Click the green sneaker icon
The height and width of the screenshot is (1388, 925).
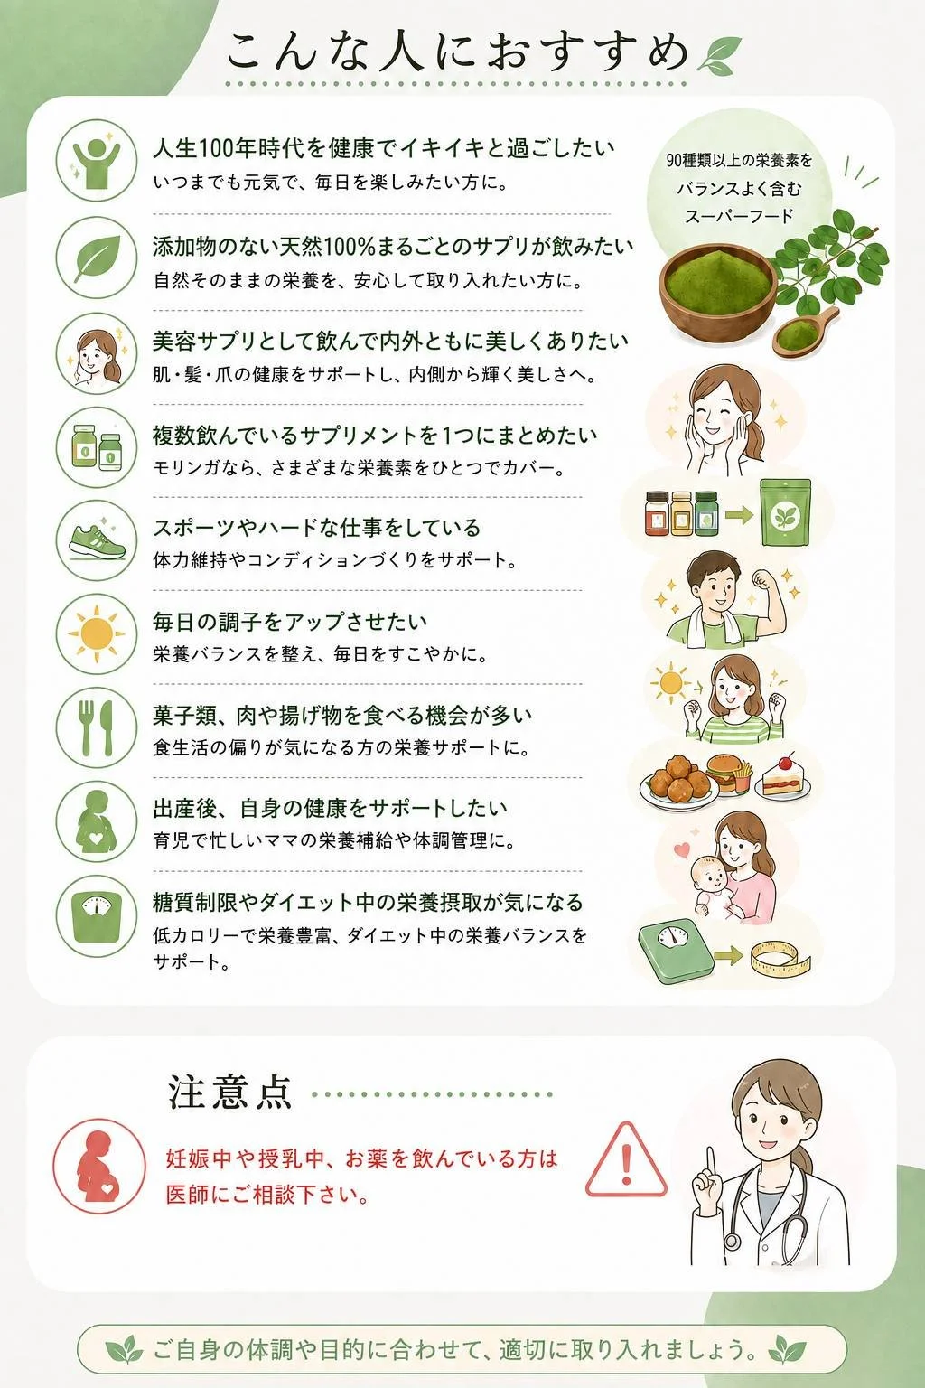[x=96, y=540]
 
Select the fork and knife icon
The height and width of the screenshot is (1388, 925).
[x=96, y=728]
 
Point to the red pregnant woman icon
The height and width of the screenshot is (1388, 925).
[x=99, y=1166]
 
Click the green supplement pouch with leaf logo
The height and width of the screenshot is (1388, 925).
[x=786, y=513]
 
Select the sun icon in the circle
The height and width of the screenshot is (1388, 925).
[x=96, y=633]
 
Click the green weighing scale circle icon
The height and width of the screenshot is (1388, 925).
[x=96, y=915]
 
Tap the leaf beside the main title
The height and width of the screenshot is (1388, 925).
[x=720, y=54]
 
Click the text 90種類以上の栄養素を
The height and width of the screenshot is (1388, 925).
[x=739, y=161]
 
